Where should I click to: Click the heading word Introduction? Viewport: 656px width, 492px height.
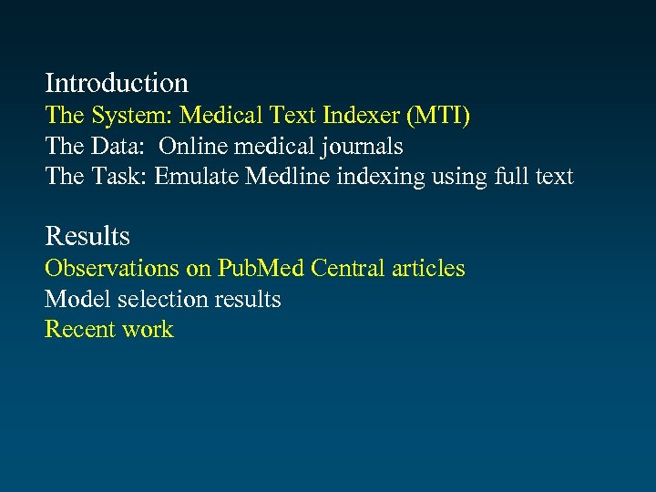pyautogui.click(x=117, y=83)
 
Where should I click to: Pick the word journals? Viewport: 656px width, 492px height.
pyautogui.click(x=364, y=146)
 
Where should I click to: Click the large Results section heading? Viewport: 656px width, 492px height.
pyautogui.click(x=87, y=236)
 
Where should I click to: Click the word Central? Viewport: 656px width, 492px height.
pyautogui.click(x=348, y=268)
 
